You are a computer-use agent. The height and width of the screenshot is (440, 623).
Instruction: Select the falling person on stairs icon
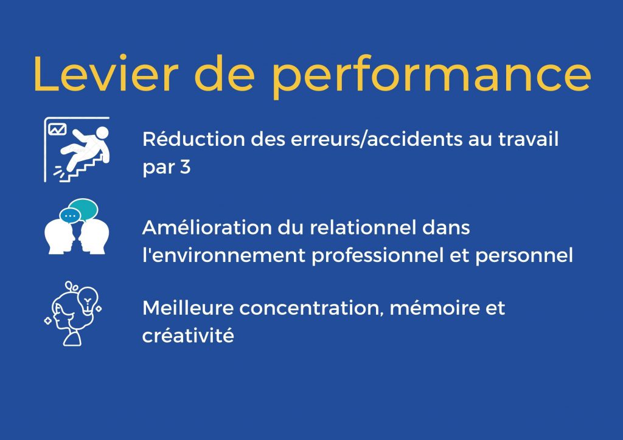[x=77, y=150]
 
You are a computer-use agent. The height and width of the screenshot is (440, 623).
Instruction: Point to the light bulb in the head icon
[x=88, y=299]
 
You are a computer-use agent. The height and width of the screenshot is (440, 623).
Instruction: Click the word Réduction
[x=194, y=139]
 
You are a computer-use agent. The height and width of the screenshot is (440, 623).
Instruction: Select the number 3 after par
[x=186, y=167]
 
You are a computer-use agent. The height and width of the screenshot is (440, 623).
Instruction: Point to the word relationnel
[x=363, y=228]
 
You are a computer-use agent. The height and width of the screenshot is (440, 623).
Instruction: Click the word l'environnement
[x=224, y=255]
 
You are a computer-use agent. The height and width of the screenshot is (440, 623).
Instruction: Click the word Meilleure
[x=188, y=308]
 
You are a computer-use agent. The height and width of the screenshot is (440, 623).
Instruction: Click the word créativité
[x=189, y=335]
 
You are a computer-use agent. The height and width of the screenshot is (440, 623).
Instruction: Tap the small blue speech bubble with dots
[x=70, y=216]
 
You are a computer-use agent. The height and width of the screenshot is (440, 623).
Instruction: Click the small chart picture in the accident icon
[x=57, y=129]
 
